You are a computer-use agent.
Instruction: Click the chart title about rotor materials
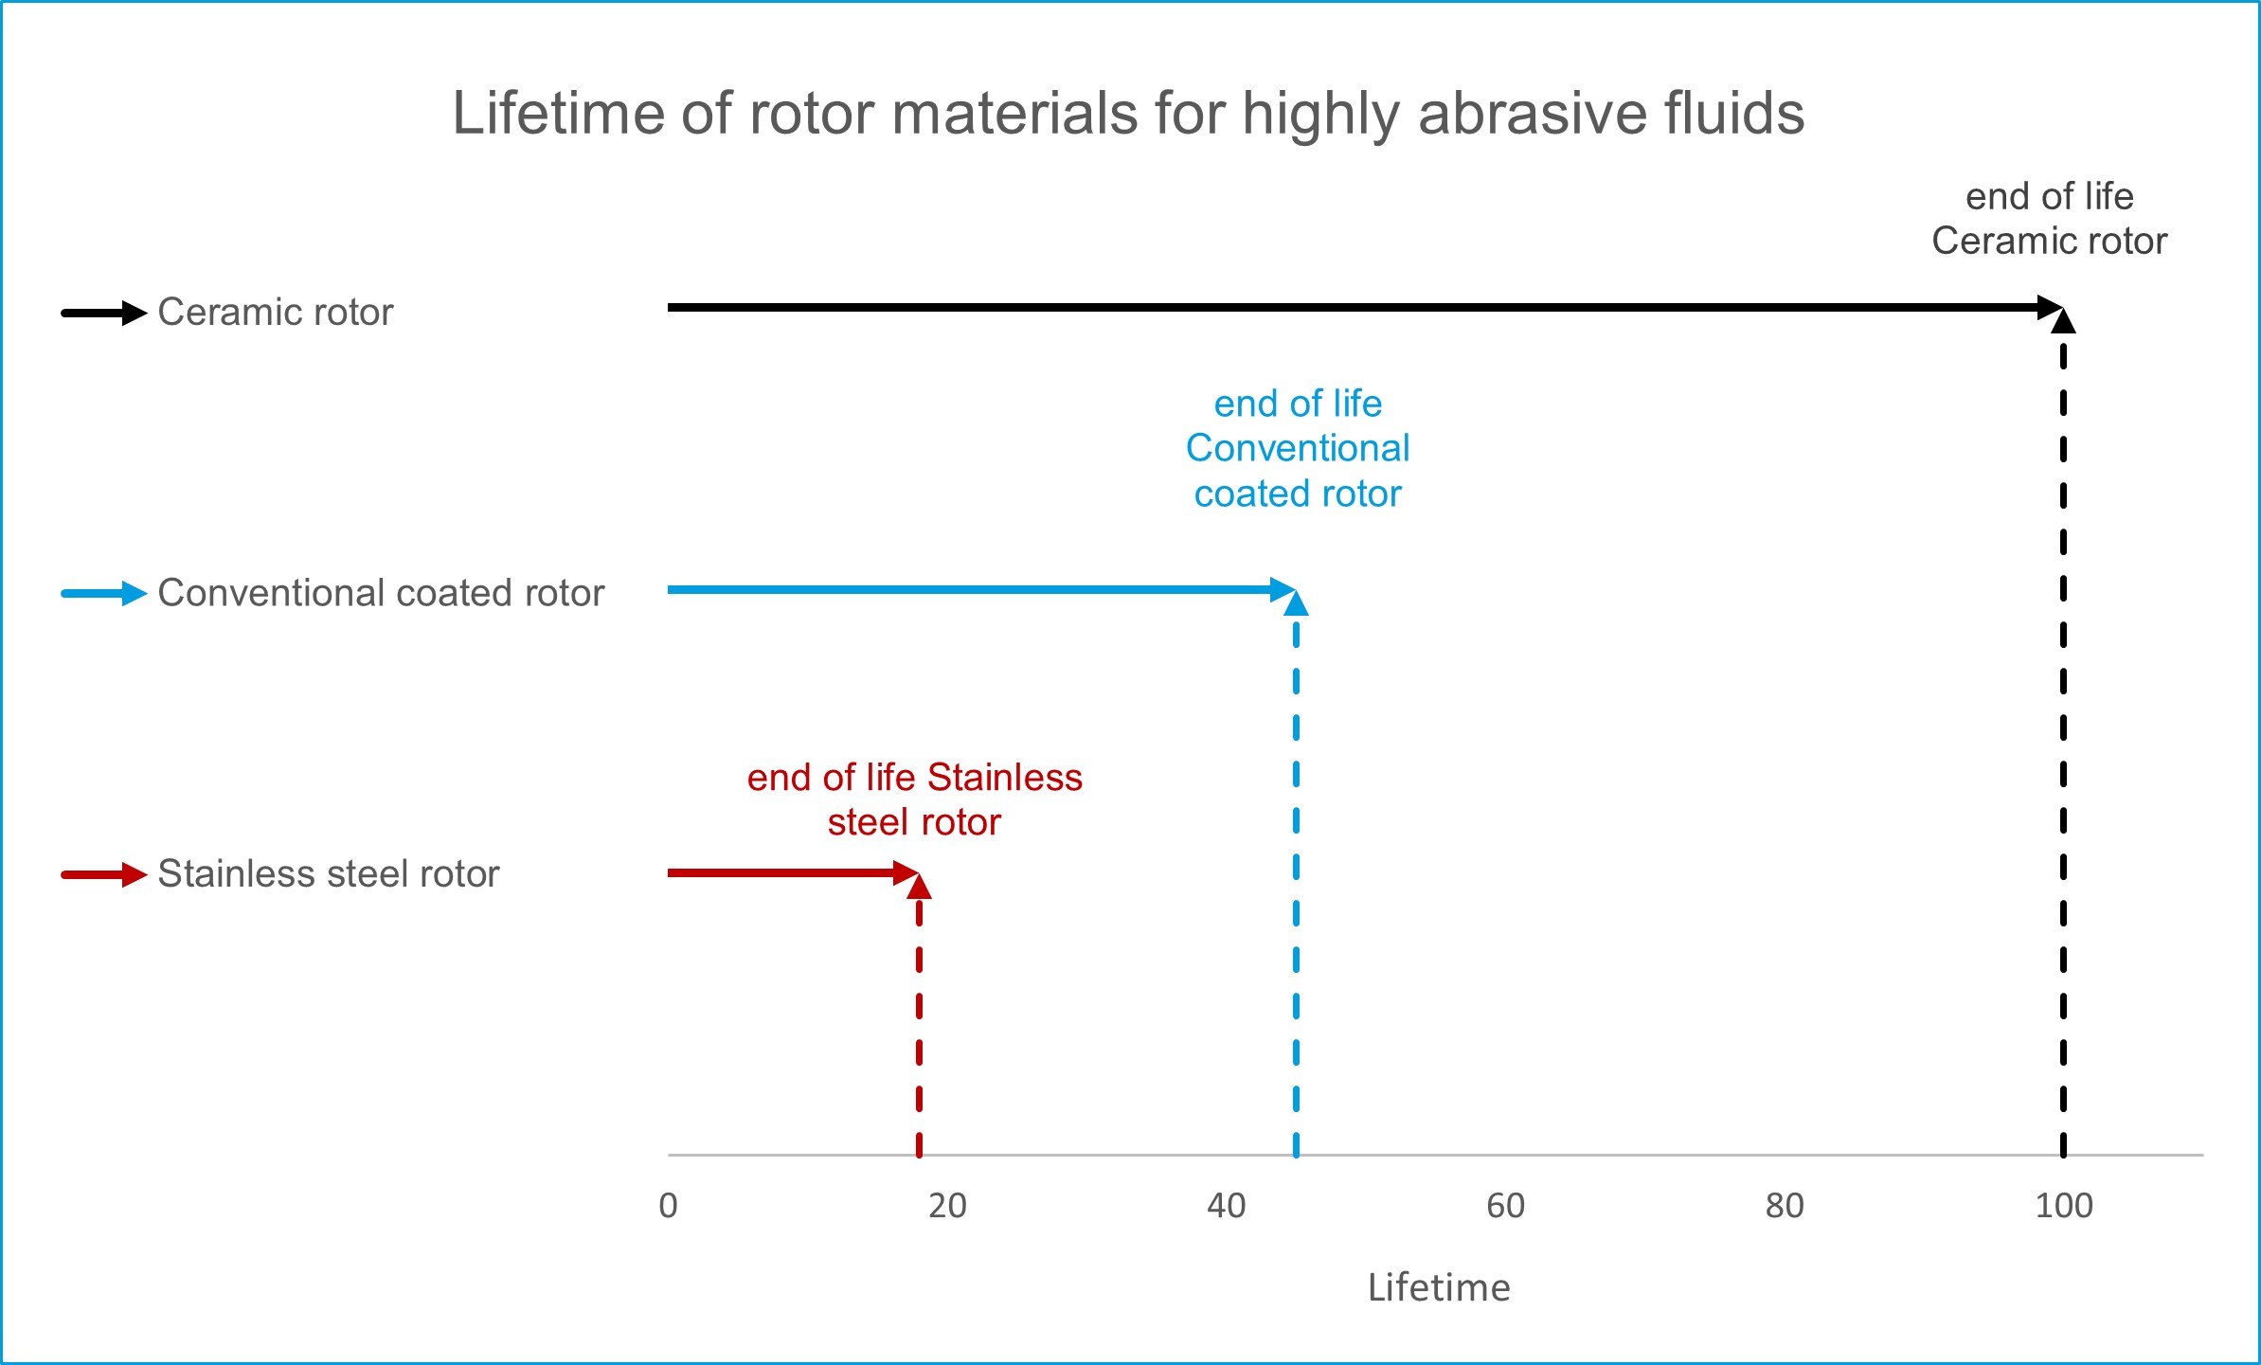point(1128,114)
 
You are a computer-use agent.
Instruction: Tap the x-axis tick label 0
point(668,1206)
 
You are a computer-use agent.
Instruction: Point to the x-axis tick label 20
point(947,1206)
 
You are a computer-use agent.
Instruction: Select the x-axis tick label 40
point(1226,1206)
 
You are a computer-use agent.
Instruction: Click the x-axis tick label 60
point(1505,1206)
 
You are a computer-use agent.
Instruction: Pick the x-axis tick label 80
point(1785,1206)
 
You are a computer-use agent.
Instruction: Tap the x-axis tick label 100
point(2064,1206)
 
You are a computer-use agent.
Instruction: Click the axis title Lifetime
point(1439,1288)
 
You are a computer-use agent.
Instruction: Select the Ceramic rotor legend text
point(275,312)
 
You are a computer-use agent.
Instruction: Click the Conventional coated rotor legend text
point(381,593)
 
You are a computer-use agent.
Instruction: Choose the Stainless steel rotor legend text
point(328,873)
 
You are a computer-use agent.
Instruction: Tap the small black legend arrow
point(103,313)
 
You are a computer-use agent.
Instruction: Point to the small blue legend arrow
point(103,594)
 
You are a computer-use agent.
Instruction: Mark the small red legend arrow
point(103,874)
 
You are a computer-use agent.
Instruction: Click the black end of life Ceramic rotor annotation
point(2049,219)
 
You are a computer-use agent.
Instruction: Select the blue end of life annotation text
point(1298,449)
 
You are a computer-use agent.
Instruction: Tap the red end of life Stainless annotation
point(914,799)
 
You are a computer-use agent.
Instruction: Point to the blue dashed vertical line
point(1296,890)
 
